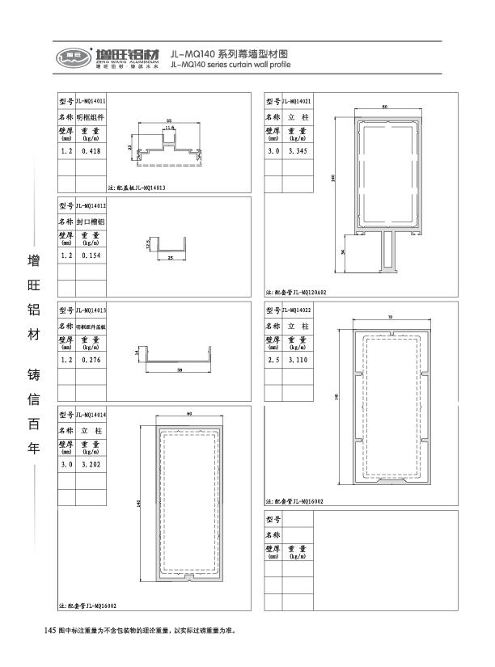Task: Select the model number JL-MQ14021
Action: tap(297, 101)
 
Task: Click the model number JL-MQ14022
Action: tap(297, 310)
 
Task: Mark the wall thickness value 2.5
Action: tap(272, 359)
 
